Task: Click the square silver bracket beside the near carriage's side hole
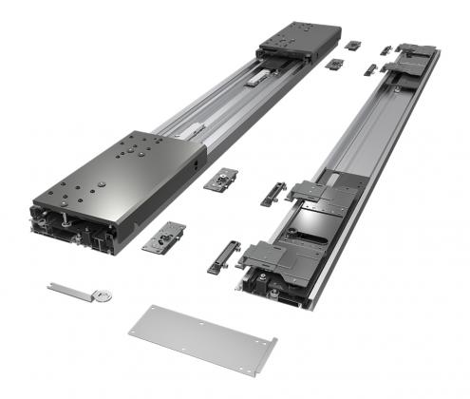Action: pyautogui.click(x=225, y=179)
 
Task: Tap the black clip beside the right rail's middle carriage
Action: pyautogui.click(x=274, y=194)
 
